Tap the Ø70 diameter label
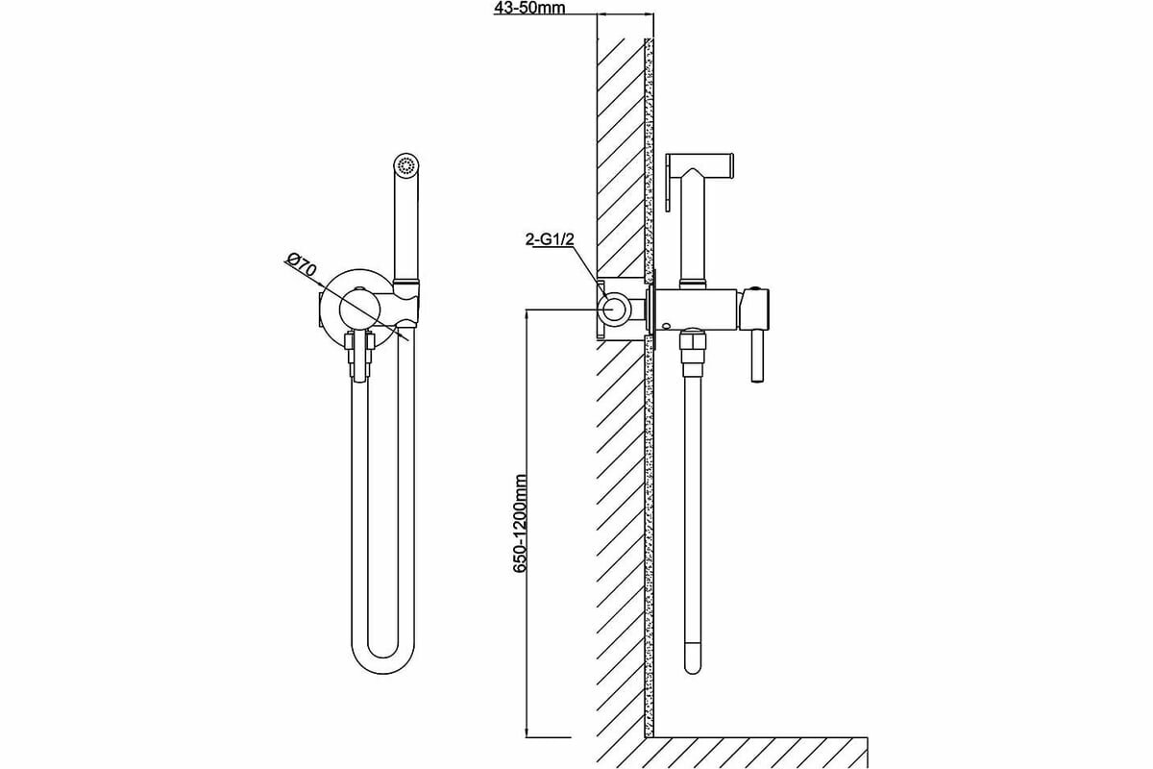(302, 266)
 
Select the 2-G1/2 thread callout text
(549, 240)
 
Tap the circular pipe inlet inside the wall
(613, 309)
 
